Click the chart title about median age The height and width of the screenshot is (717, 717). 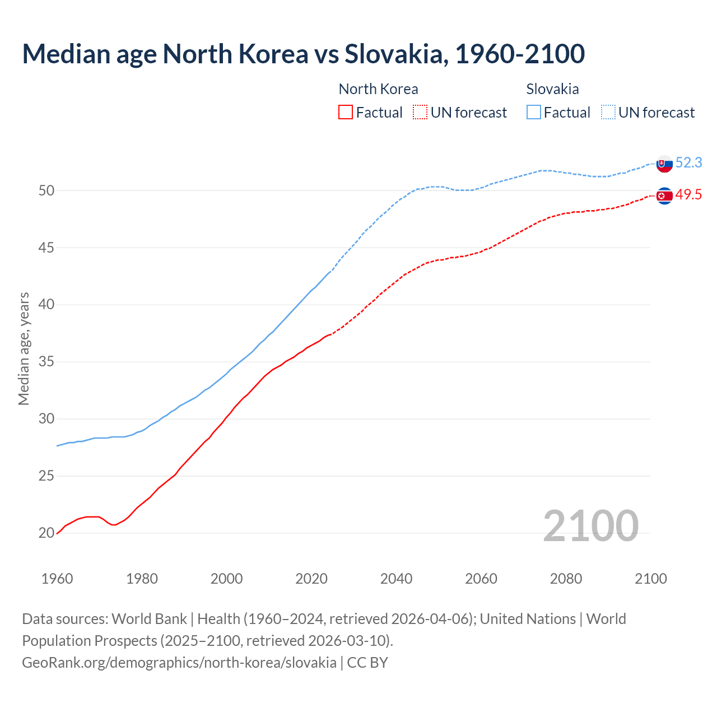tap(303, 54)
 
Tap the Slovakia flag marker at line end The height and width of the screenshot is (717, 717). tap(664, 164)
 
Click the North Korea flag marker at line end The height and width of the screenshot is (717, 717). tap(664, 195)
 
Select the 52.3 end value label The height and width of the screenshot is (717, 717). tap(688, 162)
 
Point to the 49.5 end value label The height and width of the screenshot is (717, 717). tap(688, 194)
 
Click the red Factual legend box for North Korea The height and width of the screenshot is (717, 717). tap(346, 112)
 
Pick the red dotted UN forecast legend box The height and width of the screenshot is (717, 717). tap(420, 112)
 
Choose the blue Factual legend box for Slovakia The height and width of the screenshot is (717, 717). tap(534, 112)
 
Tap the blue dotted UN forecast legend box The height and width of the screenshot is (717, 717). tap(608, 112)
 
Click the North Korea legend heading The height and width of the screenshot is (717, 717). tap(378, 89)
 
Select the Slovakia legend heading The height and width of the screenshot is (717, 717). tap(552, 89)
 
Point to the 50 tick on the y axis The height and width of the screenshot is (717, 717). tap(46, 190)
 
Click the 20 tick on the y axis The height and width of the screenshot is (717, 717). tap(46, 533)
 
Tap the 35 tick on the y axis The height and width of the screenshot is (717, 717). tap(46, 362)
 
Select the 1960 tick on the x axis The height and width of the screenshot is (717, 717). tap(57, 579)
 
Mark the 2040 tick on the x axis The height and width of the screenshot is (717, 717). tap(396, 579)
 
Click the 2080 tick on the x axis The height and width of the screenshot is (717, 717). tap(566, 579)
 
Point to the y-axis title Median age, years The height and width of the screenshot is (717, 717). tap(24, 348)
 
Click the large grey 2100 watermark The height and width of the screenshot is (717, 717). tap(590, 525)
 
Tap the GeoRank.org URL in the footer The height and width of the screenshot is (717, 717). tap(179, 662)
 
